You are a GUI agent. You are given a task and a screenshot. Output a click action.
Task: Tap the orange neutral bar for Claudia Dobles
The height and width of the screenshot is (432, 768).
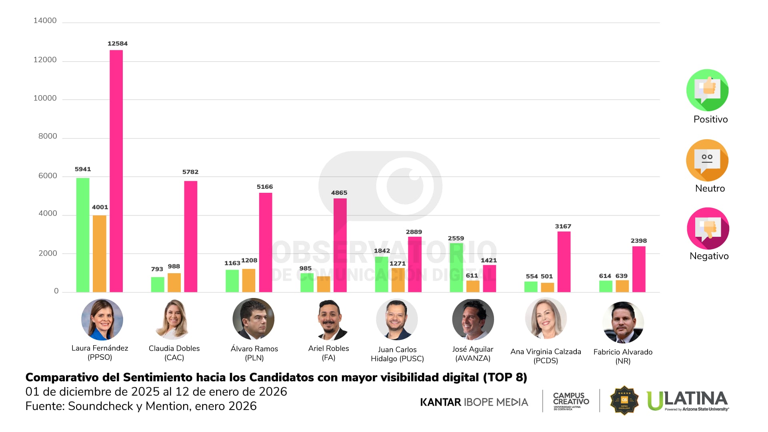click(174, 282)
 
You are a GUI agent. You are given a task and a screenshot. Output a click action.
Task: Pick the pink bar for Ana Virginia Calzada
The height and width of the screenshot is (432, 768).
click(564, 262)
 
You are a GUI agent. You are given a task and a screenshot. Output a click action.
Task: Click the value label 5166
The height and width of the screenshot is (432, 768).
click(264, 187)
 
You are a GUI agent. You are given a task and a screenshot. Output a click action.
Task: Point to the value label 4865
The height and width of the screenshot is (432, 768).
click(339, 193)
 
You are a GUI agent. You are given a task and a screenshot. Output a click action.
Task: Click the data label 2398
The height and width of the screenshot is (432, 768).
click(638, 241)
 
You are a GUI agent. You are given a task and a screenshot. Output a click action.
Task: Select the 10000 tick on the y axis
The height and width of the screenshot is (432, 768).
click(45, 98)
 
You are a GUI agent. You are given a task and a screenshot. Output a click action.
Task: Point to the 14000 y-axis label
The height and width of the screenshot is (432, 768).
click(45, 21)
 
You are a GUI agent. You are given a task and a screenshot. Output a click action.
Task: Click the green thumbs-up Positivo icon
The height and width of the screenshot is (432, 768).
click(707, 90)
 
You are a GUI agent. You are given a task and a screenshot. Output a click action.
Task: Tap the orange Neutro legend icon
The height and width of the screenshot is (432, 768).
click(707, 160)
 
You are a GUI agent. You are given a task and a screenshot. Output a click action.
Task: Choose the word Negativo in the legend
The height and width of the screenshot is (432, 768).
click(709, 256)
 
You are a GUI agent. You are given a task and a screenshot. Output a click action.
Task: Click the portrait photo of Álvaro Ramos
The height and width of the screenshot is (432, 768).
click(253, 319)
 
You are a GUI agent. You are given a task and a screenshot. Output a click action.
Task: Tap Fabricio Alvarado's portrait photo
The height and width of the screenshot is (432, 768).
click(623, 322)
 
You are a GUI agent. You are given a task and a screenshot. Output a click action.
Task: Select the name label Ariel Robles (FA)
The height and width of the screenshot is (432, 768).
click(328, 353)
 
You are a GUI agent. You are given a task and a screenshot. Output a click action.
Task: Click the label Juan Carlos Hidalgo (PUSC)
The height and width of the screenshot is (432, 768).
click(397, 354)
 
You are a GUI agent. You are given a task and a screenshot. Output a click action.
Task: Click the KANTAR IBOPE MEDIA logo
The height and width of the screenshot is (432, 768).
click(474, 402)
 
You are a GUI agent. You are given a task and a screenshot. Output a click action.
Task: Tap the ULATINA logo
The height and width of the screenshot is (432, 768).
click(688, 400)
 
